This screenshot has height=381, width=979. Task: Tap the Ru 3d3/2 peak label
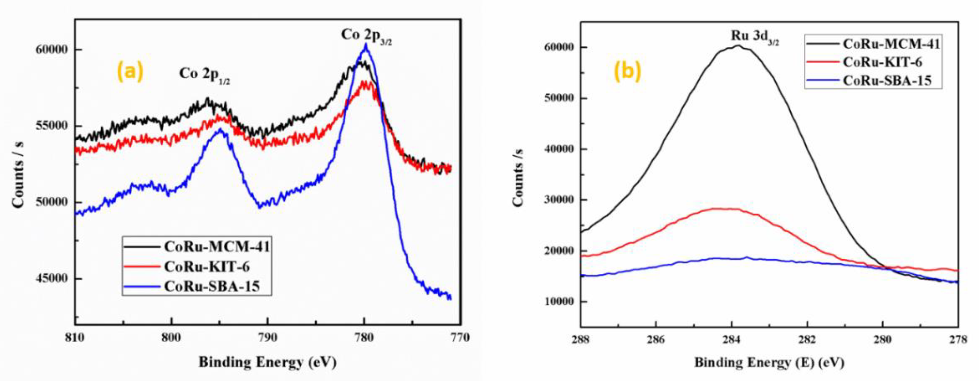pyautogui.click(x=754, y=37)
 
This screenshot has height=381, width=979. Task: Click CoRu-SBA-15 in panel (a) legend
pyautogui.click(x=212, y=286)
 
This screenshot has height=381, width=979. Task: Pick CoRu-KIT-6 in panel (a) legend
pyautogui.click(x=207, y=267)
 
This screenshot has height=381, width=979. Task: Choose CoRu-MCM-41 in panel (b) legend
pyautogui.click(x=891, y=44)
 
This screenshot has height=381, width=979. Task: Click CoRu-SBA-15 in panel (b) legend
pyautogui.click(x=887, y=81)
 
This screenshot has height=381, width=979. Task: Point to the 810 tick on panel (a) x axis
pyautogui.click(x=75, y=338)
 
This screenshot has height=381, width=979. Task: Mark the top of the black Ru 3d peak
pyautogui.click(x=737, y=46)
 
